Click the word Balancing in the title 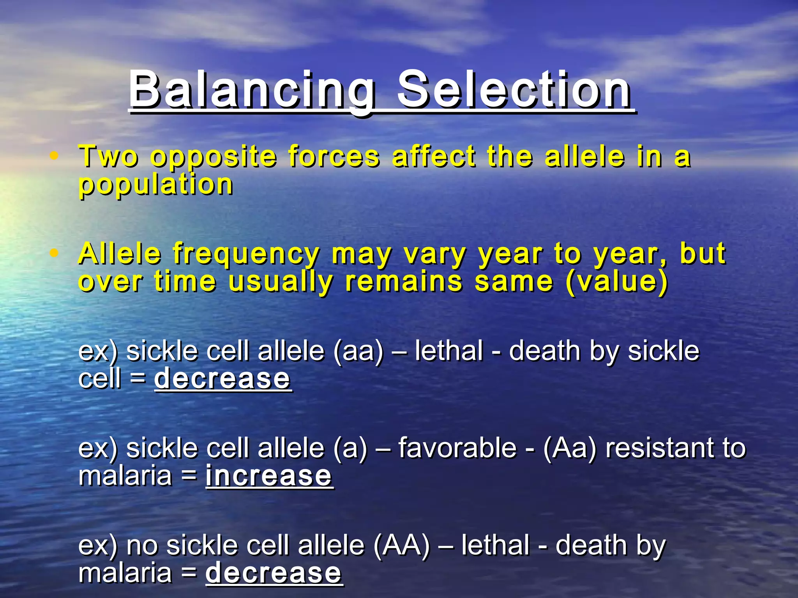pos(252,90)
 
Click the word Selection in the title pos(514,90)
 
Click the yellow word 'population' pos(156,185)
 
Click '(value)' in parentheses pos(617,281)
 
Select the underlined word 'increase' pos(269,476)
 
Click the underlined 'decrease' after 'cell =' pos(222,378)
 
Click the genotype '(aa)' pos(358,351)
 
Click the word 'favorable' pos(457,448)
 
